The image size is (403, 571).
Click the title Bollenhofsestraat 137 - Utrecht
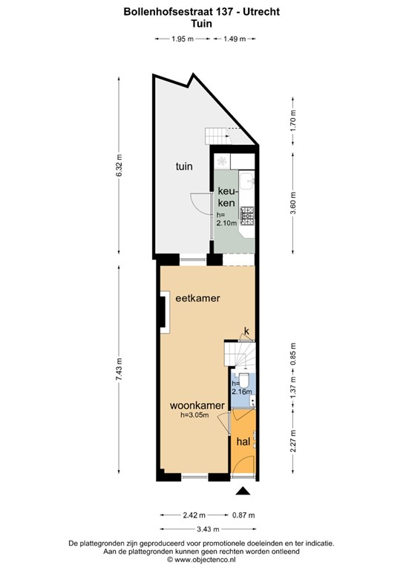click(x=201, y=12)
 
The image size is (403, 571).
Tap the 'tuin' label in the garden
click(x=184, y=167)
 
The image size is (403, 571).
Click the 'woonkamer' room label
click(x=197, y=405)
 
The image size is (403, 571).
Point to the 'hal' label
click(x=242, y=442)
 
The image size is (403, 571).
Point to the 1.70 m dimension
click(x=293, y=120)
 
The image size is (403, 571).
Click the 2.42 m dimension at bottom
click(x=194, y=514)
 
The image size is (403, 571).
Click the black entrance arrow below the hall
click(x=242, y=491)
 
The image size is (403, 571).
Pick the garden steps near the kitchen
click(x=215, y=136)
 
